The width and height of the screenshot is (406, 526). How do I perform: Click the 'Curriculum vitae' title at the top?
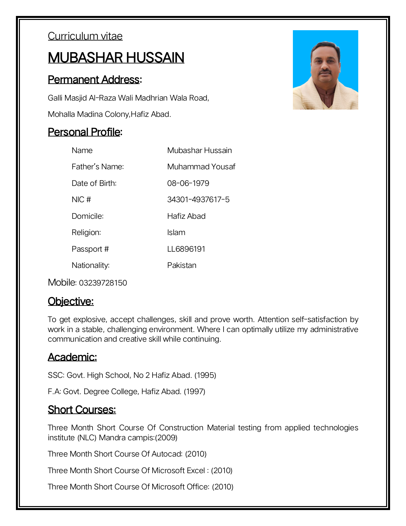point(85,36)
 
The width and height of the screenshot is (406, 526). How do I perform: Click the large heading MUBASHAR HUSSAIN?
point(116,57)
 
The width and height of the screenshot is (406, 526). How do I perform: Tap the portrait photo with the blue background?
point(325,70)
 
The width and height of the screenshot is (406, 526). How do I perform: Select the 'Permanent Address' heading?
point(94,80)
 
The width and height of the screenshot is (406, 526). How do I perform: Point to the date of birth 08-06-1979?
point(188,183)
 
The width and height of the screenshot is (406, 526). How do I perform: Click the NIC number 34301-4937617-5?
point(198,200)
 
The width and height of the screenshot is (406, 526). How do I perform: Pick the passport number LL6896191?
point(186,249)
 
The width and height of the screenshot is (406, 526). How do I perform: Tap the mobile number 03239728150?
point(103,283)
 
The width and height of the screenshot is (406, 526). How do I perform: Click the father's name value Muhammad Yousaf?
point(201,167)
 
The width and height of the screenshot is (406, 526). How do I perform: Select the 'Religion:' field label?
point(86,232)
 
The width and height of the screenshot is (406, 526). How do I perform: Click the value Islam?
point(176,232)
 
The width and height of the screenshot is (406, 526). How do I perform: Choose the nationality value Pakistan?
point(181,265)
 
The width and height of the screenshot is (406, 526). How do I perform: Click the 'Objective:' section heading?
point(71,302)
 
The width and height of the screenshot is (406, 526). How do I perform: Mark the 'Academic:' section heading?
point(72,357)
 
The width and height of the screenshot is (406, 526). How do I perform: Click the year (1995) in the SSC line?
point(205,375)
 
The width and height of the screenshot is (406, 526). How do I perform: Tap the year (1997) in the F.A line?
point(194,392)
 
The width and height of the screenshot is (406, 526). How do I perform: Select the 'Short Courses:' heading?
point(82,410)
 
